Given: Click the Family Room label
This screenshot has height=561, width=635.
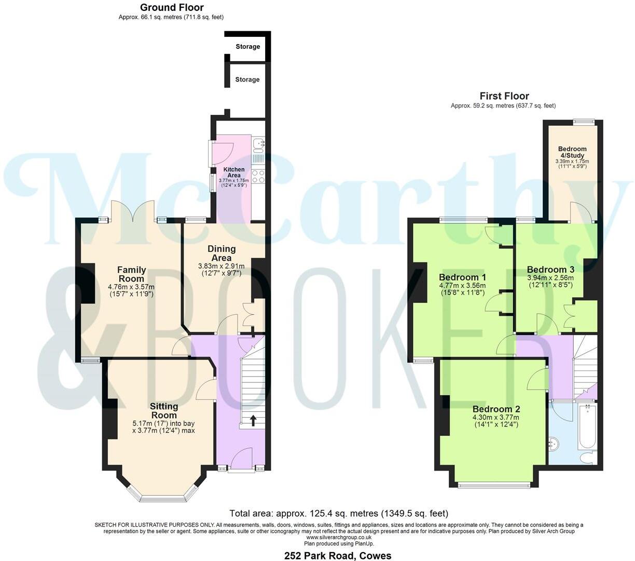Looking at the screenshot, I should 131,274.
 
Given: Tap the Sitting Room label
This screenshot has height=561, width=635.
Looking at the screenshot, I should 163,411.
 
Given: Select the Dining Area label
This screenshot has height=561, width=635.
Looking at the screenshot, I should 222,253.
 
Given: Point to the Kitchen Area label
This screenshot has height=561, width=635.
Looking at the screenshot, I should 233,172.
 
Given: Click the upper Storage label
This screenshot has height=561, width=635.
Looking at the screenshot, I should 247,47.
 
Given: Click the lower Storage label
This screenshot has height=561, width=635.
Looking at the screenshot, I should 247,79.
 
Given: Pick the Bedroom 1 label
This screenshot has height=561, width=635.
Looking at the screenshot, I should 462,276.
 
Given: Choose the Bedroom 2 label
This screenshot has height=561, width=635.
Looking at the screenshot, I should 496,409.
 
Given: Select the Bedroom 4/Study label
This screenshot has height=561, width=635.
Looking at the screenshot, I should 572,152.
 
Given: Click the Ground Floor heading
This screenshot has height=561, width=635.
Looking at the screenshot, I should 172,7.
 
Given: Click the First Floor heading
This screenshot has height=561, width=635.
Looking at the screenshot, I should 504,96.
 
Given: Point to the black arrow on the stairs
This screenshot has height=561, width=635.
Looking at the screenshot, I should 253,420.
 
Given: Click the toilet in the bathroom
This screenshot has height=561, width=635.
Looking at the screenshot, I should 587,458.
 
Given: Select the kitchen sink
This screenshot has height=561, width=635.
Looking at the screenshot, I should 258,143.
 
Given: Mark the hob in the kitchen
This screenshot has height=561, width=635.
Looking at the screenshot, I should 258,177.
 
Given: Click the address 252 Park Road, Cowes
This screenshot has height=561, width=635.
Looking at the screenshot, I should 338,555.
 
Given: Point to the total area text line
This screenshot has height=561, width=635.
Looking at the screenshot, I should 338,514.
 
